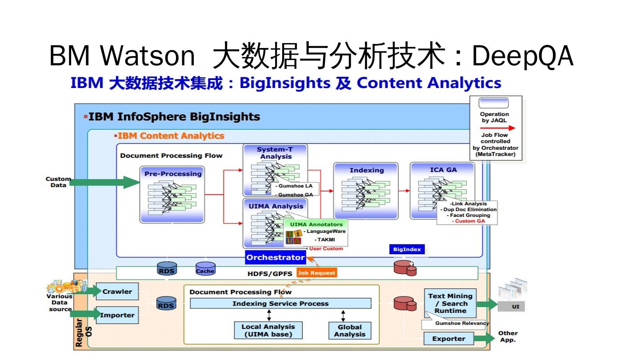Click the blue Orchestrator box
click(x=276, y=257)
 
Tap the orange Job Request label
click(x=317, y=273)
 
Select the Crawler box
click(x=117, y=292)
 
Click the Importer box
click(x=117, y=315)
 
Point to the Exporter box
click(x=448, y=339)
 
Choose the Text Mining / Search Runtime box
click(x=450, y=303)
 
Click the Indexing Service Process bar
click(x=280, y=304)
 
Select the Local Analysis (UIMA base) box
click(x=268, y=331)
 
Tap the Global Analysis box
click(x=349, y=331)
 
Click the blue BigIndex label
click(x=407, y=250)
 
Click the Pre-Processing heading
click(x=173, y=174)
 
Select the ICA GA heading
click(x=443, y=170)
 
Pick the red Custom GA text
click(x=468, y=221)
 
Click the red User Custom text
click(x=326, y=248)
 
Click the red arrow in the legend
click(x=497, y=128)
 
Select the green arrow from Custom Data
click(x=104, y=182)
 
